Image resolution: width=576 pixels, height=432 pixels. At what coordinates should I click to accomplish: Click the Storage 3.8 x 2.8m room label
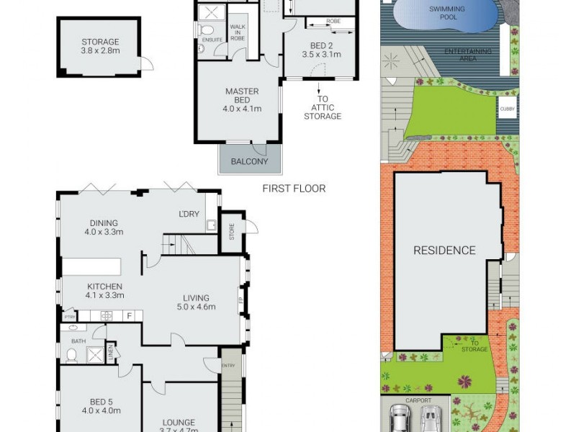(100, 47)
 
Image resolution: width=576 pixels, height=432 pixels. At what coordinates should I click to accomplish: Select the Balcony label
(249, 161)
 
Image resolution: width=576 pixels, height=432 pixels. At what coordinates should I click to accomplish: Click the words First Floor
(294, 189)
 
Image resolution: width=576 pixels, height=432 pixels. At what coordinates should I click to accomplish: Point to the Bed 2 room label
(320, 48)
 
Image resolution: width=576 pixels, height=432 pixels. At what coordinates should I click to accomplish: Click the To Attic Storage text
(322, 108)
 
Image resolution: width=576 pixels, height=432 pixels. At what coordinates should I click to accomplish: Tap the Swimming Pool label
(447, 13)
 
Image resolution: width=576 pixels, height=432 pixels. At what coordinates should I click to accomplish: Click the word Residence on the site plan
(444, 251)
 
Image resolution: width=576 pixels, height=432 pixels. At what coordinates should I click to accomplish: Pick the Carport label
(418, 401)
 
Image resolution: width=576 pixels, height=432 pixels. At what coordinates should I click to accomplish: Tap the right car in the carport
(430, 419)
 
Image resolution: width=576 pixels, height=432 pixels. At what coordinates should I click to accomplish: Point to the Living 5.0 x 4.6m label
(195, 302)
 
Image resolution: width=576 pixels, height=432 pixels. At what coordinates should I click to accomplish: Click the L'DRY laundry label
(189, 215)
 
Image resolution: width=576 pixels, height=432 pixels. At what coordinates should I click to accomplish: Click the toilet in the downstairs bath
(71, 355)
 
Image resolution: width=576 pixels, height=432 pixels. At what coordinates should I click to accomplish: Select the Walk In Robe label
(237, 32)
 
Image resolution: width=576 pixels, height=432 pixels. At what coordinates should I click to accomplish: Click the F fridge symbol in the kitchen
(130, 315)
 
